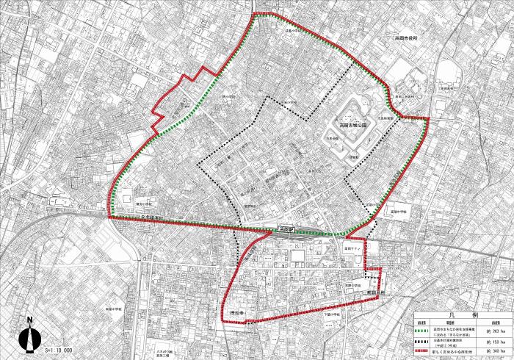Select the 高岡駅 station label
coord(285,229)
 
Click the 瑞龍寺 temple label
coord(236,314)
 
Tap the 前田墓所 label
coord(378,292)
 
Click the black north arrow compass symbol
coord(29,337)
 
